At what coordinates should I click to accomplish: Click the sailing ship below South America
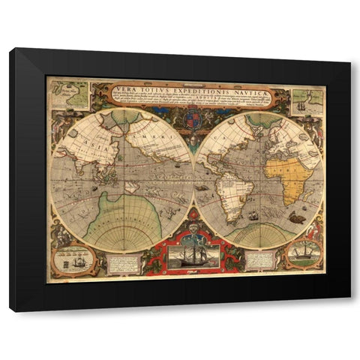(253, 217)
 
